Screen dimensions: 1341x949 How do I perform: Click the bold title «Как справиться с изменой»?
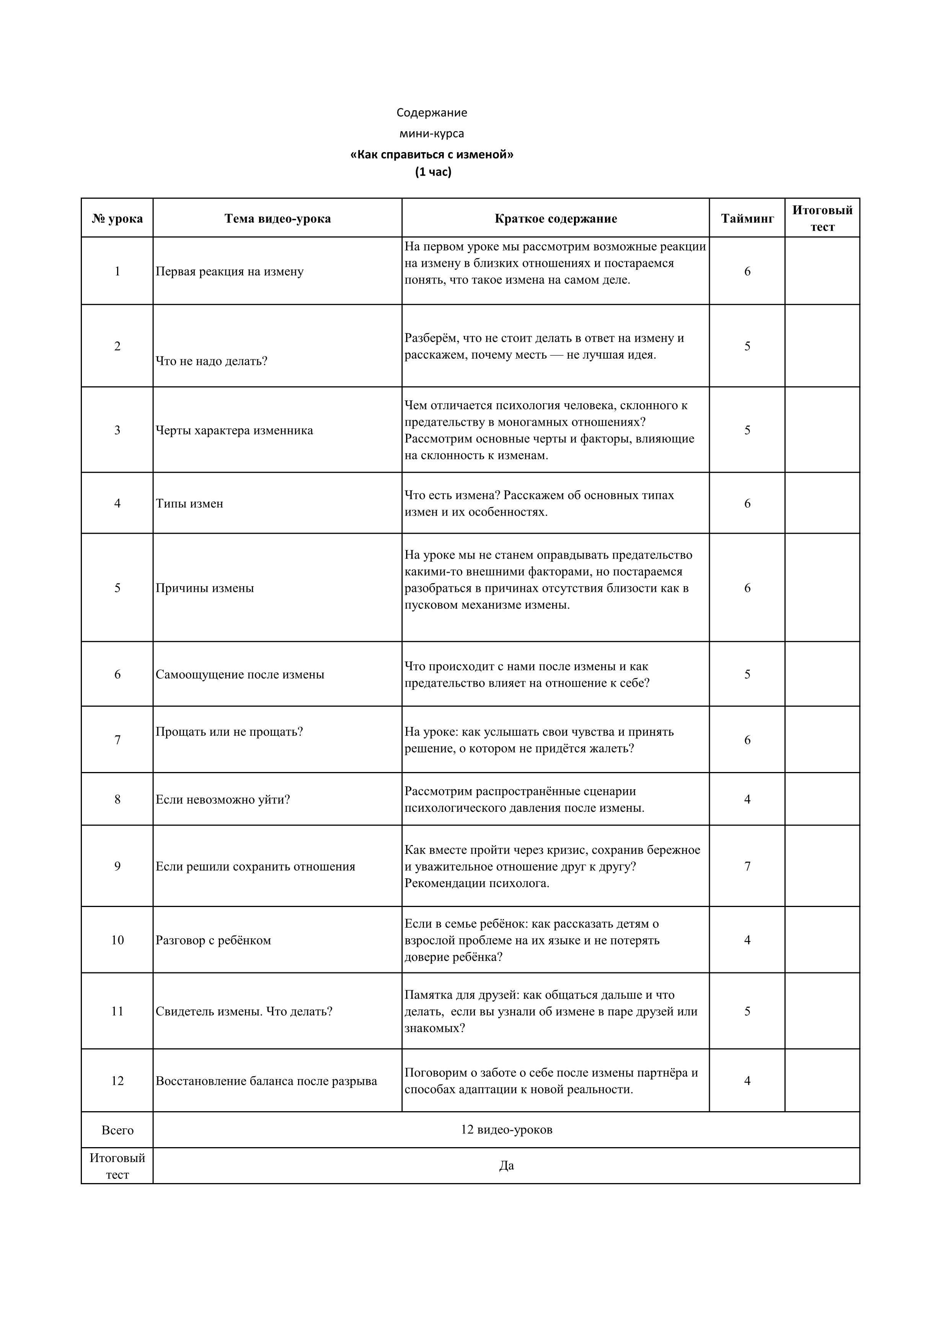pos(432,155)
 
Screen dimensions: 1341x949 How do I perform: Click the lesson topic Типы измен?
pos(189,504)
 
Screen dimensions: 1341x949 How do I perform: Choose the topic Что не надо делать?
pos(212,361)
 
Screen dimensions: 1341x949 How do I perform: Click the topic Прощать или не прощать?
pos(229,732)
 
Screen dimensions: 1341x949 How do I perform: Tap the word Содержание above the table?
pos(432,112)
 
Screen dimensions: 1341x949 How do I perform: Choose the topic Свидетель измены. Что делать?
pos(244,1012)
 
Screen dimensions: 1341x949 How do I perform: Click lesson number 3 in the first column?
pos(117,431)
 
